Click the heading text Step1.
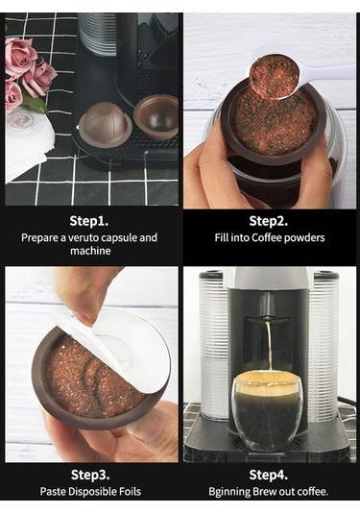[x=88, y=222]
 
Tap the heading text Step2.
[x=269, y=222]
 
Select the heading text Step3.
[x=90, y=475]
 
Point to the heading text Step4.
[x=269, y=475]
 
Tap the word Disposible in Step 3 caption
[x=93, y=492]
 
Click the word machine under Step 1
[x=90, y=251]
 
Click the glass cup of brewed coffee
[x=267, y=409]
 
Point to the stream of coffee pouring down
[x=270, y=344]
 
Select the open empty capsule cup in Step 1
[x=156, y=118]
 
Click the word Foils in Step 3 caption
[x=130, y=492]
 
